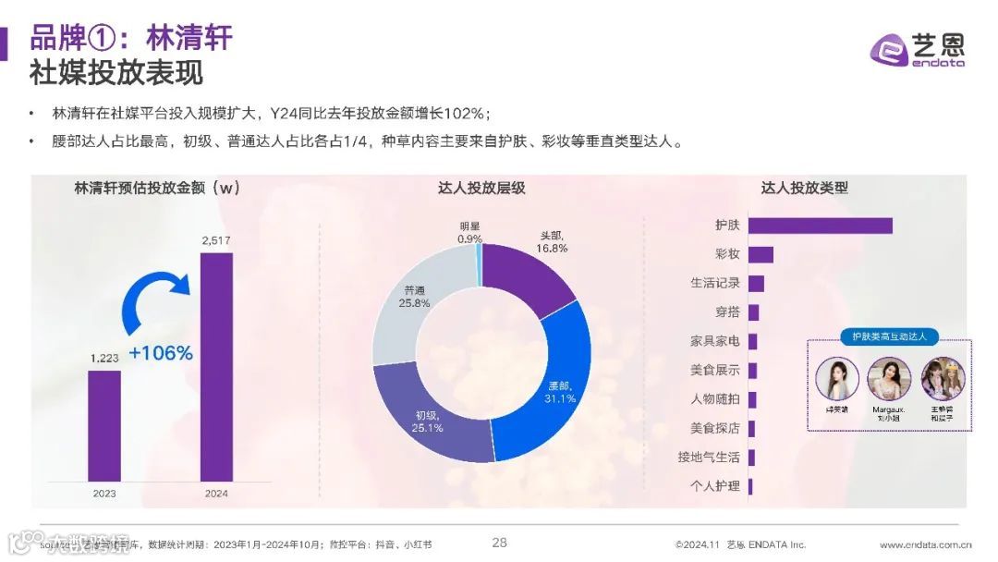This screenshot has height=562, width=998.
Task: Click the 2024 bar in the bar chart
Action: (216, 367)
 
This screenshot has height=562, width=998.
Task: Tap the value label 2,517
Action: (216, 241)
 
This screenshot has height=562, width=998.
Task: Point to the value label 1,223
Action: (104, 358)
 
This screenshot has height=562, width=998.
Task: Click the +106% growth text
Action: (161, 353)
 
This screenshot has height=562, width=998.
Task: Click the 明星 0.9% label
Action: (469, 232)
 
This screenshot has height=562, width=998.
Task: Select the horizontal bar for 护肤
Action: (820, 226)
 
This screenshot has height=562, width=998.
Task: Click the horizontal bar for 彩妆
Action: (761, 254)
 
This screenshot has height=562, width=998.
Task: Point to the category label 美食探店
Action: (714, 428)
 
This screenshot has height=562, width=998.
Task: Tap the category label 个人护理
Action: (714, 486)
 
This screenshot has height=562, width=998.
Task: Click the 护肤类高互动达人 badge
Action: (889, 336)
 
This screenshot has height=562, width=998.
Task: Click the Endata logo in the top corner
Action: (918, 49)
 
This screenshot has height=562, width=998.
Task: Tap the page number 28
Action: (499, 543)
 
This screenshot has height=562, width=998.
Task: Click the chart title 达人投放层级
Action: (481, 188)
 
